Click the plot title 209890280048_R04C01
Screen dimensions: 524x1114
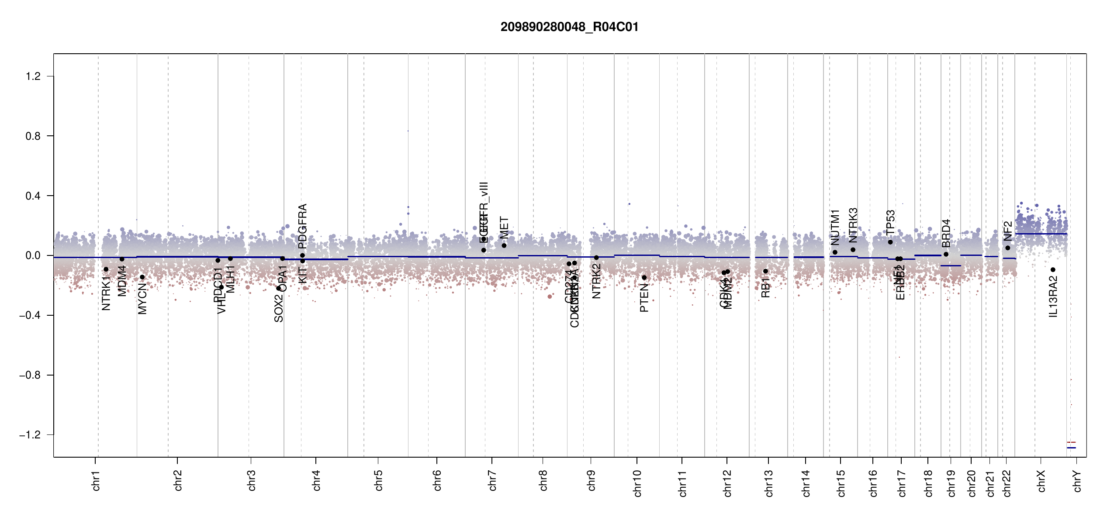pos(569,27)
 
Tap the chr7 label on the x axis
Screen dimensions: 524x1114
pos(492,480)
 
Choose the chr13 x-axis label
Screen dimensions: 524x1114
pos(769,483)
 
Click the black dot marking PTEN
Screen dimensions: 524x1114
pos(644,278)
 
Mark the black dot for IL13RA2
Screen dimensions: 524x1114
pos(1053,270)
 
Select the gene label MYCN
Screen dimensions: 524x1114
pos(142,299)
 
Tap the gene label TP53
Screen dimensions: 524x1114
pos(890,223)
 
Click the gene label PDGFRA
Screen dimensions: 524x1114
pos(302,226)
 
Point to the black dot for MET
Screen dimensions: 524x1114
pos(504,245)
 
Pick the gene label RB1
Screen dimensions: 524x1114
pos(765,288)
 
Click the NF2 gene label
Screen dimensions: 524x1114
pos(1007,231)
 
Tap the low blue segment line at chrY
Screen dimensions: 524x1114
pos(1071,448)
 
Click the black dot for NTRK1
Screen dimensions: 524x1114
pos(106,269)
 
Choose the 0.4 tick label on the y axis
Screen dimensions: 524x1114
pos(33,196)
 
